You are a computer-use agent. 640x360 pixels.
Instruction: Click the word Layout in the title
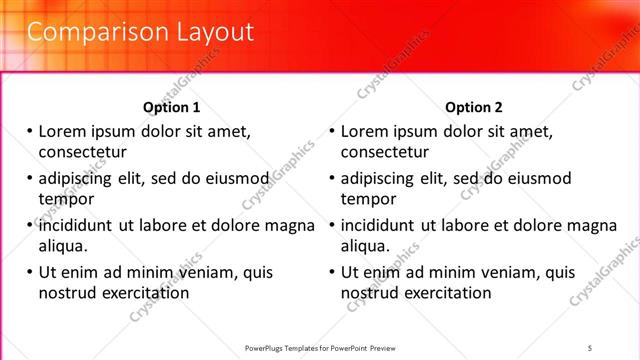[211, 32]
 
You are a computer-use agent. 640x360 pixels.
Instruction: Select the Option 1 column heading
[172, 107]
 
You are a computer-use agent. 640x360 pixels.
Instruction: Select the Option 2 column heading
[474, 107]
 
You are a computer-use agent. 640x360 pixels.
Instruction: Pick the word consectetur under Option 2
[385, 152]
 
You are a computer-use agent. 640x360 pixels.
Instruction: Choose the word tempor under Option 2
[368, 199]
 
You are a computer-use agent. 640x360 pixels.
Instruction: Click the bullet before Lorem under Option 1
[30, 131]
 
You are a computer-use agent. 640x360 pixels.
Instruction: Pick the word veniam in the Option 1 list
[209, 272]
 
